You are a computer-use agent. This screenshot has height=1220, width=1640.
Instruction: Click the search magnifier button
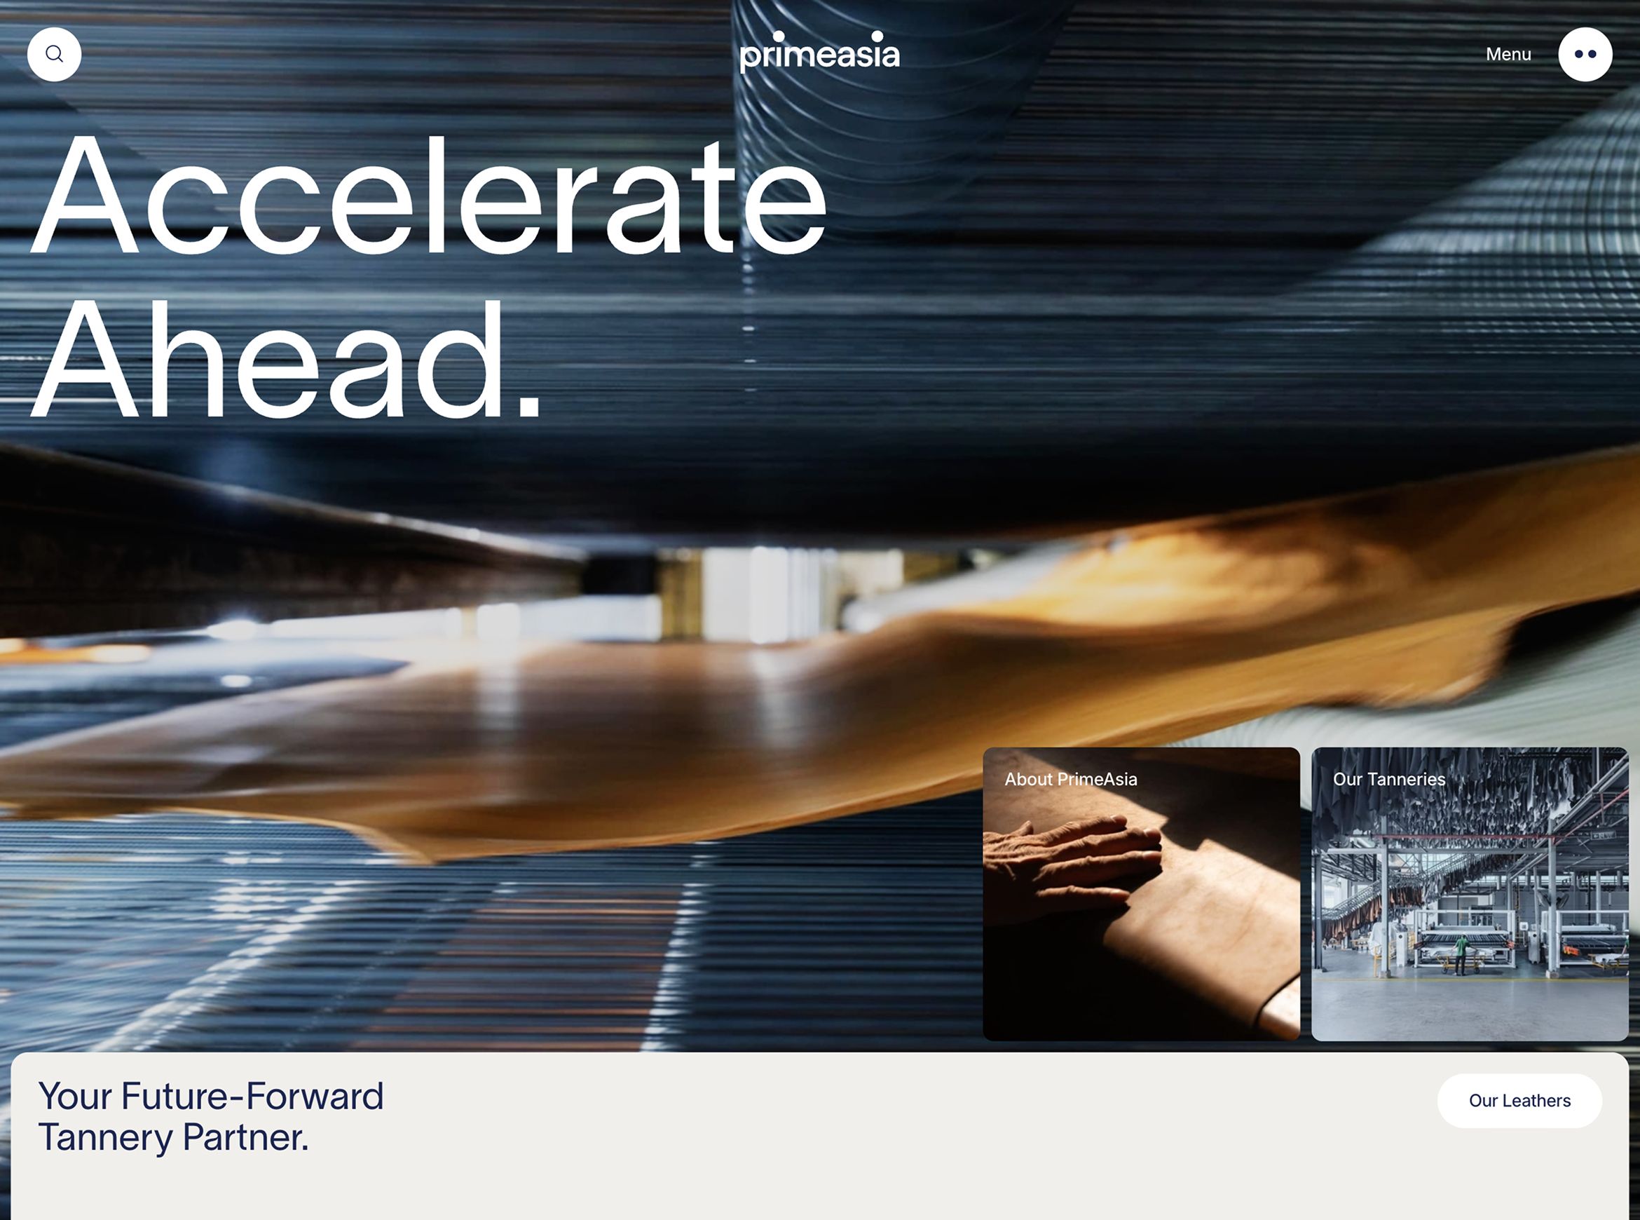[54, 54]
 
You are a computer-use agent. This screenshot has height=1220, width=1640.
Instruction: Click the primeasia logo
[819, 52]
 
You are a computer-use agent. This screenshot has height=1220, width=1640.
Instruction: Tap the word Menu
[1508, 54]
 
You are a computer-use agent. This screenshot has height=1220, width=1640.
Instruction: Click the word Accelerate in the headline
[428, 196]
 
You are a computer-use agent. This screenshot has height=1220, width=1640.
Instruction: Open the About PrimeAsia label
[1070, 779]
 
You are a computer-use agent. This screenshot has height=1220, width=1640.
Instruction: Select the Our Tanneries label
[1388, 779]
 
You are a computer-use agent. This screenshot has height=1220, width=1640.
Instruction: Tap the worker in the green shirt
[1460, 954]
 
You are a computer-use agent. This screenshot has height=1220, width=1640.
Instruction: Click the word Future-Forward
[252, 1096]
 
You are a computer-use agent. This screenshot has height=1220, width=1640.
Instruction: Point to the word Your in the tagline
[75, 1096]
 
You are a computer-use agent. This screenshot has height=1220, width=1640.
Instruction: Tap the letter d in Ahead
[461, 360]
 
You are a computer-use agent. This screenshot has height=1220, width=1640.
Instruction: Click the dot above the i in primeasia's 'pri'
[779, 36]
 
